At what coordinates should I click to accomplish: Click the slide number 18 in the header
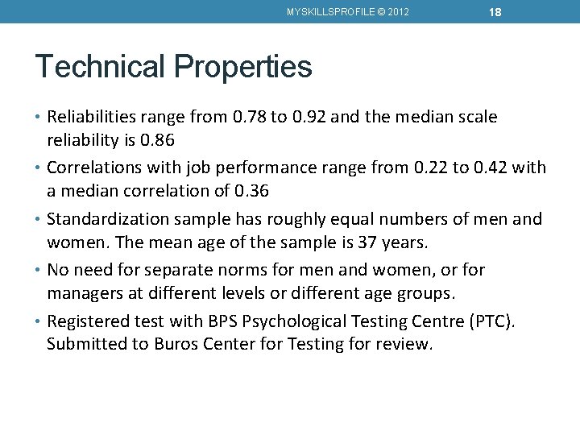coord(495,11)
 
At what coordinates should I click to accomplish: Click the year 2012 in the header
coord(397,12)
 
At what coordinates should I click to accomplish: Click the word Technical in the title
coord(100,66)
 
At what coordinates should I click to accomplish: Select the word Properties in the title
coord(242,66)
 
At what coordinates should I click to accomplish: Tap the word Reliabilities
coord(96,117)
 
